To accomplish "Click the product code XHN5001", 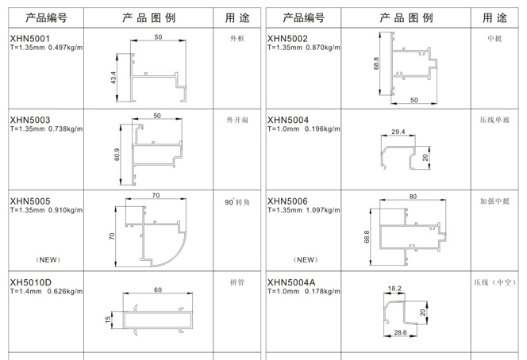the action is click(x=30, y=39).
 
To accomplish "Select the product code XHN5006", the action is click(x=287, y=201).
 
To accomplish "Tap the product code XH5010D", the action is click(x=31, y=282).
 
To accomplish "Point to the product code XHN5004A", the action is click(x=291, y=282).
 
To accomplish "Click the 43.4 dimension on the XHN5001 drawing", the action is click(x=113, y=78).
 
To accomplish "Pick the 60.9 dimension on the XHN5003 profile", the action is click(x=117, y=155).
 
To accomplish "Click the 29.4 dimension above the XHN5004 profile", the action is click(x=398, y=132).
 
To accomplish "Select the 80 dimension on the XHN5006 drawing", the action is click(x=413, y=197).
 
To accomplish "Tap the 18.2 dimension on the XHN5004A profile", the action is click(x=394, y=288).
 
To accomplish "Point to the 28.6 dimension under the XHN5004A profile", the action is click(x=400, y=332).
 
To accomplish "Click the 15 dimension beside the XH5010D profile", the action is click(x=108, y=320).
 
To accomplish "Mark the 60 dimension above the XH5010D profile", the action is click(x=158, y=289).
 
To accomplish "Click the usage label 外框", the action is click(x=237, y=39).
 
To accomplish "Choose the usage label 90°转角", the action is click(x=237, y=202).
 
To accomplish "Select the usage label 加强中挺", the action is click(x=494, y=201).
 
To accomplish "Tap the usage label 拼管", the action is click(x=237, y=282).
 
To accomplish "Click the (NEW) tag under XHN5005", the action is click(x=48, y=259).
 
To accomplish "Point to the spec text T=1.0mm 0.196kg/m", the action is click(x=304, y=128).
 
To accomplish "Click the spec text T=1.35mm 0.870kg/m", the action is click(x=304, y=48).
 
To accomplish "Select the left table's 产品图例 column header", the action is click(x=148, y=17).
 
